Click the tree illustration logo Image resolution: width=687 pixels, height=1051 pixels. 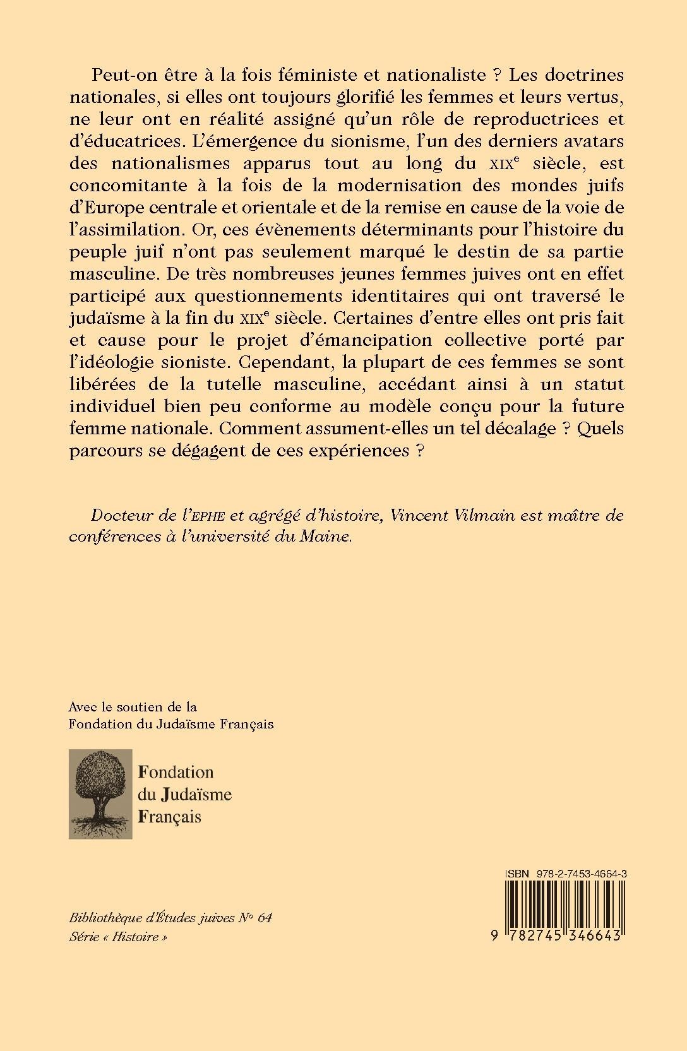coord(100,793)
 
